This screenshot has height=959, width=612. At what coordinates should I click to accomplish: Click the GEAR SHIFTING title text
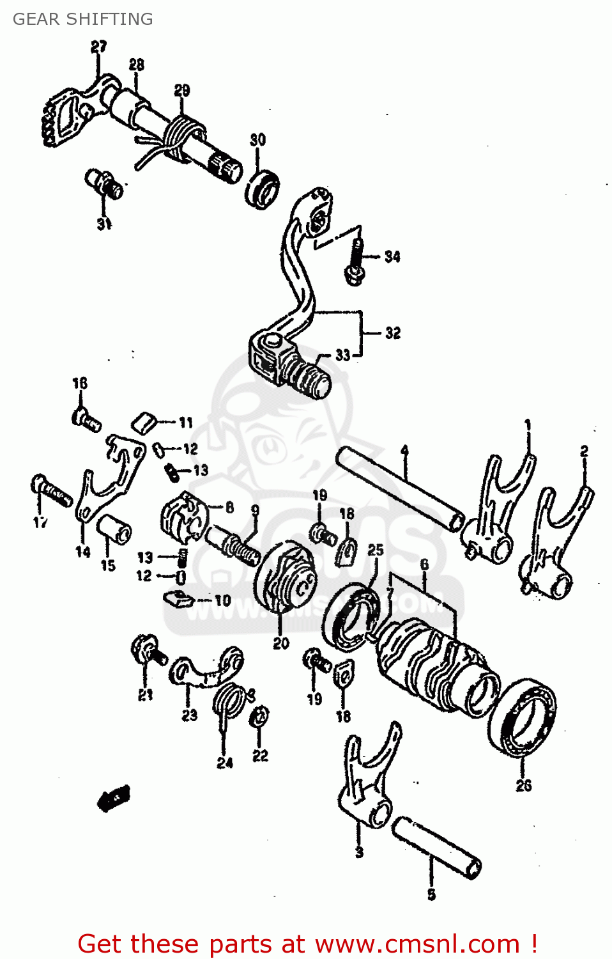coord(83,19)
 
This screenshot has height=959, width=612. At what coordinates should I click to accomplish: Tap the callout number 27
coord(98,47)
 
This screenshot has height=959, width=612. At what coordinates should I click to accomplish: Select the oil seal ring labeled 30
coord(262,189)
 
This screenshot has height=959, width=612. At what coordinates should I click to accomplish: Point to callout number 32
coord(393,333)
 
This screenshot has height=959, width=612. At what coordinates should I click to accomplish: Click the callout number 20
coord(281,644)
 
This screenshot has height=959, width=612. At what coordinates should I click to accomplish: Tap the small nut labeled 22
coord(259,717)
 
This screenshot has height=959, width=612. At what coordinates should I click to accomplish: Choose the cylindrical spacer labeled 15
coord(114,529)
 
